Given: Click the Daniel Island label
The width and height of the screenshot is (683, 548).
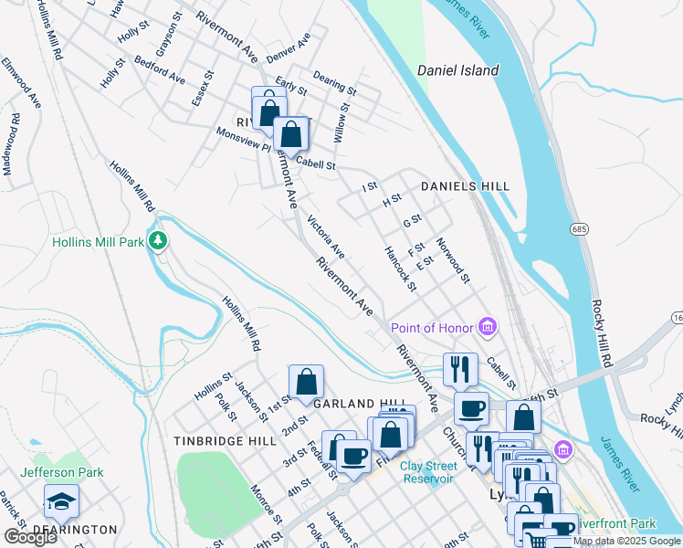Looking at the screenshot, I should pyautogui.click(x=457, y=70).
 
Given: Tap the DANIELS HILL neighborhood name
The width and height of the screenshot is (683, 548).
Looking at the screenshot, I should pyautogui.click(x=465, y=186).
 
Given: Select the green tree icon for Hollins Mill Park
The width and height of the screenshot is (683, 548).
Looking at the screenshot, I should pyautogui.click(x=159, y=241).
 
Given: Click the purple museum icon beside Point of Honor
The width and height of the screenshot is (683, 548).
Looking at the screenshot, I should pyautogui.click(x=488, y=327).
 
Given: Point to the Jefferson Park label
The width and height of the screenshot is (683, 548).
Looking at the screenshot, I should pyautogui.click(x=61, y=472).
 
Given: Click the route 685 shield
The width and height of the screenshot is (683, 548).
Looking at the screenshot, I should pyautogui.click(x=579, y=227).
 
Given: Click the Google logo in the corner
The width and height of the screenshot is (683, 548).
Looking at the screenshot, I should pyautogui.click(x=30, y=537).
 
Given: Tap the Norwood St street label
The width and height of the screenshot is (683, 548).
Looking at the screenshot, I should pyautogui.click(x=453, y=260).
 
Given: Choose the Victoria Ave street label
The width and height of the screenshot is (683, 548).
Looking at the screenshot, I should pyautogui.click(x=326, y=237).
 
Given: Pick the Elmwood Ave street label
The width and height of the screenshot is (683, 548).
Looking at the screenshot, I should pyautogui.click(x=21, y=81).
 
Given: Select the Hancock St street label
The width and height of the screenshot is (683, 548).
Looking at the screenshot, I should pyautogui.click(x=400, y=269).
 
